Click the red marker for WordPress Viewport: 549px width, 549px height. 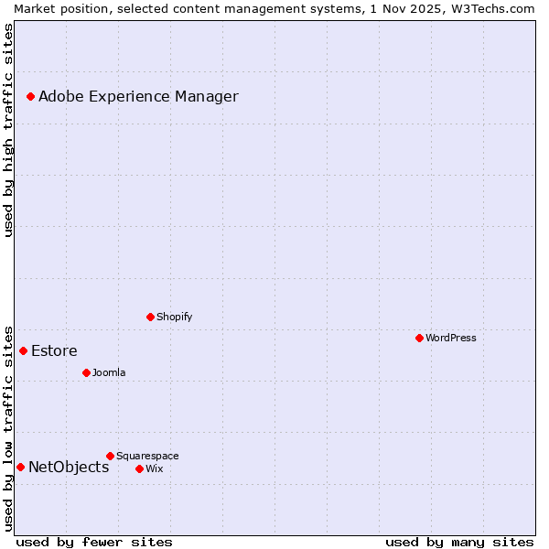pyautogui.click(x=419, y=338)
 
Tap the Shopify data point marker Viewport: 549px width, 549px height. pyautogui.click(x=150, y=317)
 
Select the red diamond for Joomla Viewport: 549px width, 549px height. pyautogui.click(x=86, y=372)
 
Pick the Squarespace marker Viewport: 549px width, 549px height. pyautogui.click(x=110, y=456)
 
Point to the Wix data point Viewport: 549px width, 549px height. pyautogui.click(x=139, y=468)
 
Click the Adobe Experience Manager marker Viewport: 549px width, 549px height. pyautogui.click(x=30, y=96)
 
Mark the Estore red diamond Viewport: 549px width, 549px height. pyautogui.click(x=23, y=350)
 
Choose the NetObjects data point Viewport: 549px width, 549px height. pyautogui.click(x=20, y=467)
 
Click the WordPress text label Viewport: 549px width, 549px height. pyautogui.click(x=451, y=338)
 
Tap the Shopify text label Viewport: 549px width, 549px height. pyautogui.click(x=175, y=317)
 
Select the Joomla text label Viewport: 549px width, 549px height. pyautogui.click(x=109, y=372)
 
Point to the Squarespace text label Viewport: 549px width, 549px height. pyautogui.click(x=147, y=456)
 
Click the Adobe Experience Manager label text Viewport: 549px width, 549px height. pyautogui.click(x=138, y=96)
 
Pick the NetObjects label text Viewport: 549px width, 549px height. pyautogui.click(x=69, y=467)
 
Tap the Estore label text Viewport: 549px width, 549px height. pyautogui.click(x=54, y=350)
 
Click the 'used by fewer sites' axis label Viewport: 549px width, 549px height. pyautogui.click(x=94, y=542)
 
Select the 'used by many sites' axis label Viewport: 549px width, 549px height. pyautogui.click(x=459, y=542)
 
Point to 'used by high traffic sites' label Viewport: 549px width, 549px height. pyautogui.click(x=9, y=130)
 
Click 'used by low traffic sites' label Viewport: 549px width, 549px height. pyautogui.click(x=9, y=428)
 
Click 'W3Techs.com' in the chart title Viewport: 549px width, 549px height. pyautogui.click(x=491, y=8)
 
